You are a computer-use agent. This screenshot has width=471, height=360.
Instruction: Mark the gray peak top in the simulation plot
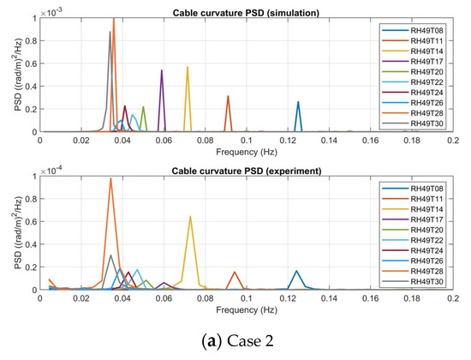click(110, 32)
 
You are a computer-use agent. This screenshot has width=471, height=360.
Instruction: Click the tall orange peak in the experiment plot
click(111, 178)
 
